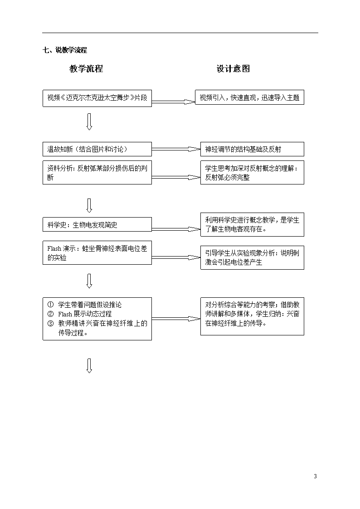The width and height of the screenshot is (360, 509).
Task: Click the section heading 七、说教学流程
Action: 64,50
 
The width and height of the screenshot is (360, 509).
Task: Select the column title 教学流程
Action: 86,68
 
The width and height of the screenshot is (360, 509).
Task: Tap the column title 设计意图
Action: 233,68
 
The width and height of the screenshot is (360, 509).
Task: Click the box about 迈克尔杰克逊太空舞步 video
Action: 97,98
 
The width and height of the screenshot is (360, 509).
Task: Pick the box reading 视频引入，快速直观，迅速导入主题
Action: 249,97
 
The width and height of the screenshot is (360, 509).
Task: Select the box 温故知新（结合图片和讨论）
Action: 97,149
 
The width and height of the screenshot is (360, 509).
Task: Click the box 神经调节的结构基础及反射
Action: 252,149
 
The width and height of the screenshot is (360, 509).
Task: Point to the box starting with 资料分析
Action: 97,172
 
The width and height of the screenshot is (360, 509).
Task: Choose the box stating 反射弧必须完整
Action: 252,172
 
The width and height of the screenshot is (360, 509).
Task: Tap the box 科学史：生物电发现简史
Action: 97,224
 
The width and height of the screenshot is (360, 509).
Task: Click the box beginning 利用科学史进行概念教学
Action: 252,225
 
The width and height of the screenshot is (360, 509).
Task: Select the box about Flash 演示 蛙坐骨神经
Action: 97,252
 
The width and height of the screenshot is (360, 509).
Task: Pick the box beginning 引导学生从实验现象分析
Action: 252,257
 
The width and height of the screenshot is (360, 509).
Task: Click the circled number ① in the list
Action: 50,305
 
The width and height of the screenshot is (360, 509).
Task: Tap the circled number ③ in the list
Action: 50,323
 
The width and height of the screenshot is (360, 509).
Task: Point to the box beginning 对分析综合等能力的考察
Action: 252,316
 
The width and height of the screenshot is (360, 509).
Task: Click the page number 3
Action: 315,476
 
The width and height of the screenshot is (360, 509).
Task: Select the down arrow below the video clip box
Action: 89,122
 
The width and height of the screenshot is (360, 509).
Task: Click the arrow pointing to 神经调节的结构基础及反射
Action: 176,149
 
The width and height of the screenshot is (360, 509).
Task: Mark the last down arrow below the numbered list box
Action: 89,366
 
